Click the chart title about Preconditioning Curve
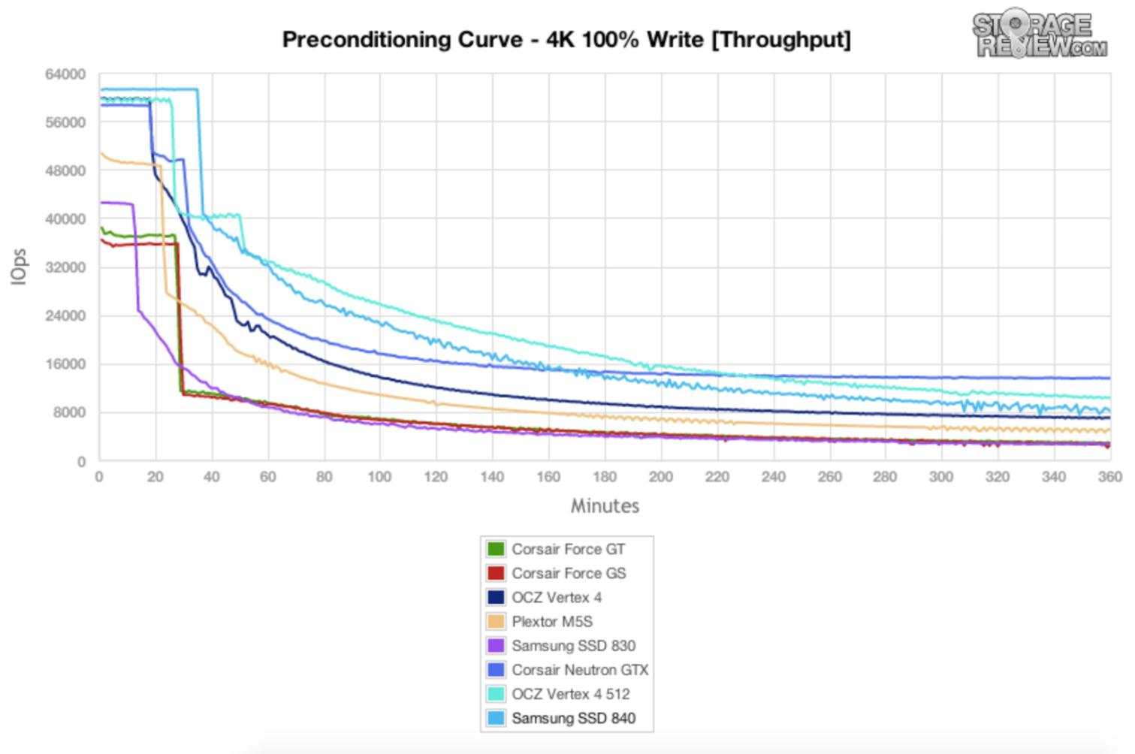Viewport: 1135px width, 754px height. tap(566, 40)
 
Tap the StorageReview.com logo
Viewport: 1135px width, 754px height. tap(1040, 35)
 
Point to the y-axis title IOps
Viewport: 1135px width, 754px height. tap(19, 267)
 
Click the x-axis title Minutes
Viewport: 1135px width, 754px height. tap(605, 505)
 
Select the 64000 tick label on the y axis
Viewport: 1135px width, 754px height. tap(65, 74)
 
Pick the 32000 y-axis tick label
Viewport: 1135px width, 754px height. tap(65, 267)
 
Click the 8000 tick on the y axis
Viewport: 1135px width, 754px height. tap(70, 412)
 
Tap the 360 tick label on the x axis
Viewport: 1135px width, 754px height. tap(1109, 477)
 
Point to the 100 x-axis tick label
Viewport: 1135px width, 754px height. tap(379, 477)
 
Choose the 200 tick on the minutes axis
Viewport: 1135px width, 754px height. tap(661, 477)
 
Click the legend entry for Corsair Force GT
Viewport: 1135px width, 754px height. tap(568, 549)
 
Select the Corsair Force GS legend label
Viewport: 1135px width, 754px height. tap(569, 573)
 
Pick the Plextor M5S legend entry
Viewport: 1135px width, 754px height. tap(552, 621)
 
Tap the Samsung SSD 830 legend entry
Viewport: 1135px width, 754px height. tap(573, 645)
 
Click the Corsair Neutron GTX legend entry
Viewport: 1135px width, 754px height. tap(580, 669)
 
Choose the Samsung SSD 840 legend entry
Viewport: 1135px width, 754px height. tap(573, 718)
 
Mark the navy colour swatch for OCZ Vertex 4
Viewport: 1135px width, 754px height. tap(496, 597)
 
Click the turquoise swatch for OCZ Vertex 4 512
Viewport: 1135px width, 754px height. tap(496, 694)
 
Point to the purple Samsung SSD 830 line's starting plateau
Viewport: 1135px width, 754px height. tap(117, 203)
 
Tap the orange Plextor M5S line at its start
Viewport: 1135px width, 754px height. tap(103, 154)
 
